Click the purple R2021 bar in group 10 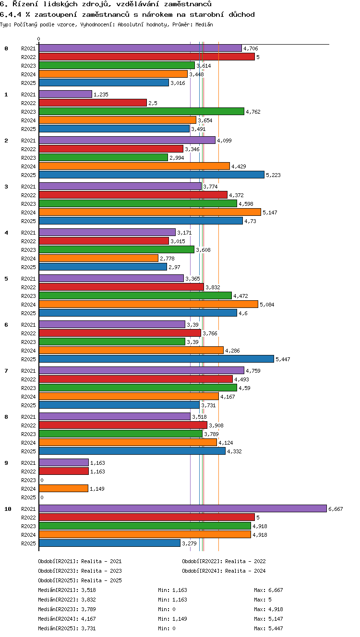click(183, 508)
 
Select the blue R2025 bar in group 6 click(156, 359)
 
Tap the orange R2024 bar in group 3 click(150, 212)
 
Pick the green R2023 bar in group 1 click(142, 111)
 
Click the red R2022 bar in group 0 click(146, 57)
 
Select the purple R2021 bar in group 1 click(65, 94)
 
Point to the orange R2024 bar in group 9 click(63, 489)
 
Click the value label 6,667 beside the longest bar click(336, 509)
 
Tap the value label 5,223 click(273, 175)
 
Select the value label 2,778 click(167, 259)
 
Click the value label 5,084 click(267, 305)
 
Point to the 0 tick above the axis click(39, 39)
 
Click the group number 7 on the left click(6, 371)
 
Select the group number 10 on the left click(8, 509)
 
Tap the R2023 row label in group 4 click(28, 250)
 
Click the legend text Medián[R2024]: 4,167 click(67, 619)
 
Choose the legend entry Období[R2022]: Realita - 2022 click(224, 561)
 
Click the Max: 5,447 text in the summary click(268, 628)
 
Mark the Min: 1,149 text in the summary click(172, 619)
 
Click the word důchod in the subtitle click(241, 14)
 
